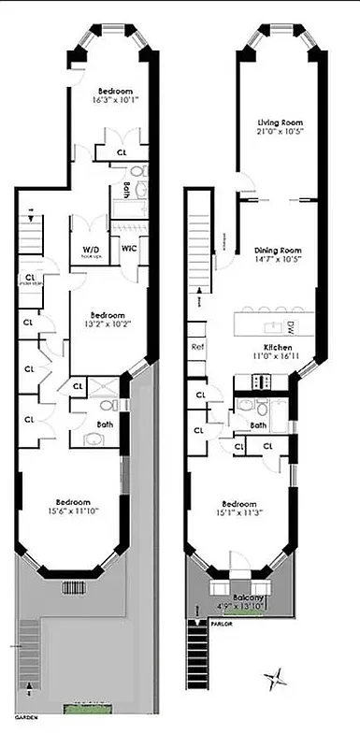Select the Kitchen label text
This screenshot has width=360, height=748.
tap(278, 346)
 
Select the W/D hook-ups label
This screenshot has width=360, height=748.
tap(91, 251)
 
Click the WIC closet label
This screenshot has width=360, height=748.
tap(127, 249)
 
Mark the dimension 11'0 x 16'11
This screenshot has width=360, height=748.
tap(278, 356)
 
